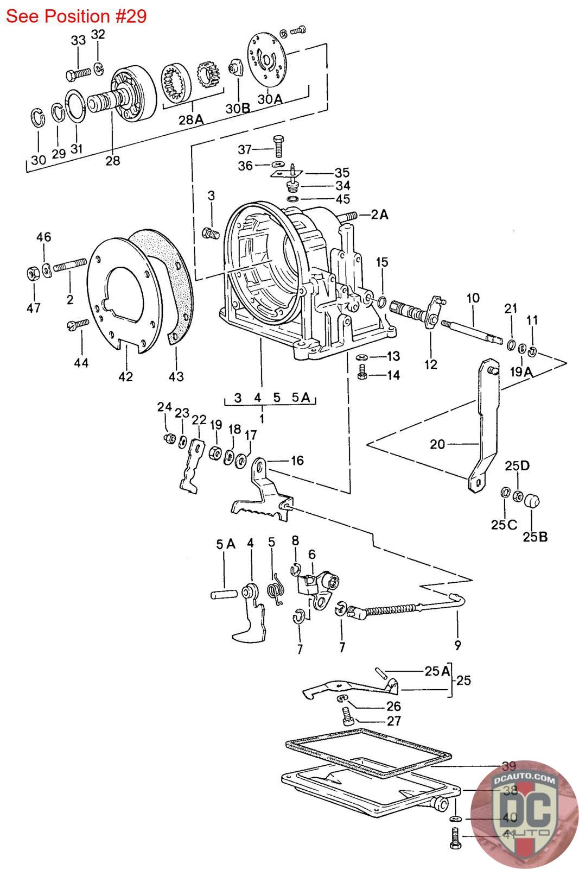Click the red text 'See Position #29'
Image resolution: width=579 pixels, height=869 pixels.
[x=76, y=16]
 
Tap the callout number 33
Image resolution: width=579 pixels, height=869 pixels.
[x=79, y=40]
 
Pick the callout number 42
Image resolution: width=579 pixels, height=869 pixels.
[x=125, y=376]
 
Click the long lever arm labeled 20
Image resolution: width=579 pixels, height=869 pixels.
[x=483, y=424]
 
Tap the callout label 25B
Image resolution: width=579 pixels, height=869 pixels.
[x=535, y=537]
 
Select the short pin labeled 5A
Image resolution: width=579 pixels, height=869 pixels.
[x=222, y=594]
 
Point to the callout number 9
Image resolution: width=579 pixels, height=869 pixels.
[x=457, y=646]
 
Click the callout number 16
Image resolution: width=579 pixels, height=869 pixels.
[x=297, y=461]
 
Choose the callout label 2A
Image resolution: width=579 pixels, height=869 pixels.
[x=380, y=215]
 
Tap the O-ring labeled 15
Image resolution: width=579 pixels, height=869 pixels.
[x=382, y=302]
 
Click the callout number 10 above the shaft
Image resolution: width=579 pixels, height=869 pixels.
[x=473, y=298]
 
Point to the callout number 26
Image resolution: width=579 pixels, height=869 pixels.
[x=393, y=706]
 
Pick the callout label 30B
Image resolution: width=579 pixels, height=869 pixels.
[x=238, y=108]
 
